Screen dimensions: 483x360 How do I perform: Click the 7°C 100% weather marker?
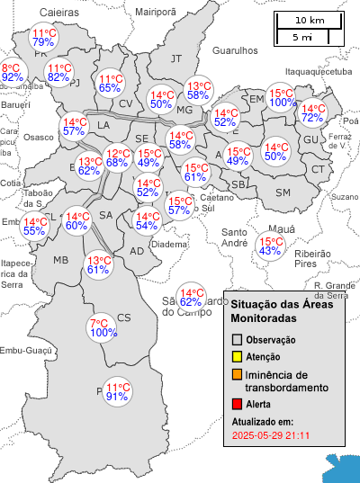point(103,328)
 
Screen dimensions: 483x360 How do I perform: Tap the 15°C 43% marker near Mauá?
point(270,246)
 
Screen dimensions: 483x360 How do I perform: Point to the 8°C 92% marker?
point(12,73)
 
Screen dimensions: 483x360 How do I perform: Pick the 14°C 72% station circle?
point(312,113)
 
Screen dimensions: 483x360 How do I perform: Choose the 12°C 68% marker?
point(116,158)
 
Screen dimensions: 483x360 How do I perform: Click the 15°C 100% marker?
point(283,98)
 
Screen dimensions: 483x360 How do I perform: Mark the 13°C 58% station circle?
point(198,91)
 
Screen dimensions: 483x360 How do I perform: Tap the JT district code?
point(176,58)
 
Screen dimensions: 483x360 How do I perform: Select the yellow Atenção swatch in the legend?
point(238,357)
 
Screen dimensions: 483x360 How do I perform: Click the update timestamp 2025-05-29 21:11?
point(271,435)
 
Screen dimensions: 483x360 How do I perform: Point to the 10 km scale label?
point(310,20)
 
